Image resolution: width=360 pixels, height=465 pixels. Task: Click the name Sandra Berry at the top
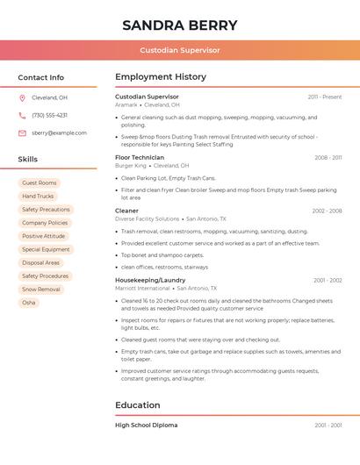[x=180, y=25]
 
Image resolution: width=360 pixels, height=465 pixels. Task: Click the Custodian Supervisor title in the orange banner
[x=180, y=50]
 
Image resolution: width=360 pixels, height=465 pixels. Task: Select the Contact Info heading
[x=41, y=77]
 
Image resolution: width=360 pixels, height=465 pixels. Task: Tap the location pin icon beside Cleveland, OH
[x=22, y=97]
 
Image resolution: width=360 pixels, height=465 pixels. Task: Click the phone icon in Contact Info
[x=22, y=115]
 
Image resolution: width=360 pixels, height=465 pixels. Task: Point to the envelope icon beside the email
[x=22, y=132]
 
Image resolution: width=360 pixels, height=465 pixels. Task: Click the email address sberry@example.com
[x=59, y=132]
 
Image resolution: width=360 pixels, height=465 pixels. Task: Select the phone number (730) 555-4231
[x=49, y=115]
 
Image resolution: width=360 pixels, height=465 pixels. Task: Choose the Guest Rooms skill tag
[x=40, y=183]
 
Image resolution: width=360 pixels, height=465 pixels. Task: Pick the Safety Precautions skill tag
[x=46, y=210]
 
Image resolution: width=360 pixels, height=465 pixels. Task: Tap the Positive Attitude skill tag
[x=44, y=236]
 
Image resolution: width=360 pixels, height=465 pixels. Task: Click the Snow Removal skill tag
[x=41, y=289]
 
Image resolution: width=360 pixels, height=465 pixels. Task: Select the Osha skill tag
[x=29, y=302]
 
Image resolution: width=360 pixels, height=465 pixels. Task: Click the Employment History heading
[x=161, y=77]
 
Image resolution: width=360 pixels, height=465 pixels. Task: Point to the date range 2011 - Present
[x=324, y=97]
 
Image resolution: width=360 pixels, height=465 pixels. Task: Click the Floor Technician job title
[x=140, y=157]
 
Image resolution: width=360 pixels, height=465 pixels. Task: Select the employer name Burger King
[x=131, y=165]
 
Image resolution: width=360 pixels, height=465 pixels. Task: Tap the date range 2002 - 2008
[x=327, y=211]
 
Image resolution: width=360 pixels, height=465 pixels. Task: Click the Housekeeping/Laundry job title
[x=150, y=280]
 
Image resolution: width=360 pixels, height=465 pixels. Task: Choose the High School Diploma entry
[x=147, y=425]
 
